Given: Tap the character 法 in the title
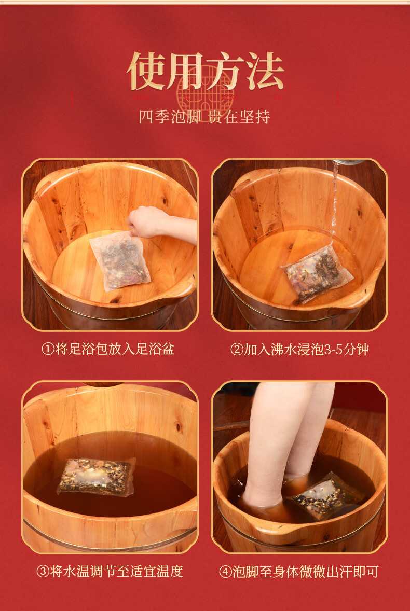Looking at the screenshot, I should pyautogui.click(x=265, y=72).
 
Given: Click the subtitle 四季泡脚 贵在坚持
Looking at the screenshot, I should pyautogui.click(x=204, y=117).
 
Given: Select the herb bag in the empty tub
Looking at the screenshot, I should pyautogui.click(x=120, y=261).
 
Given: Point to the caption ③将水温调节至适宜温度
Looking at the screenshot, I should pyautogui.click(x=110, y=572).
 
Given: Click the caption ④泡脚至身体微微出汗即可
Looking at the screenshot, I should pyautogui.click(x=299, y=572).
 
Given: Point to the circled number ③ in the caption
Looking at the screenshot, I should pyautogui.click(x=43, y=572).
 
